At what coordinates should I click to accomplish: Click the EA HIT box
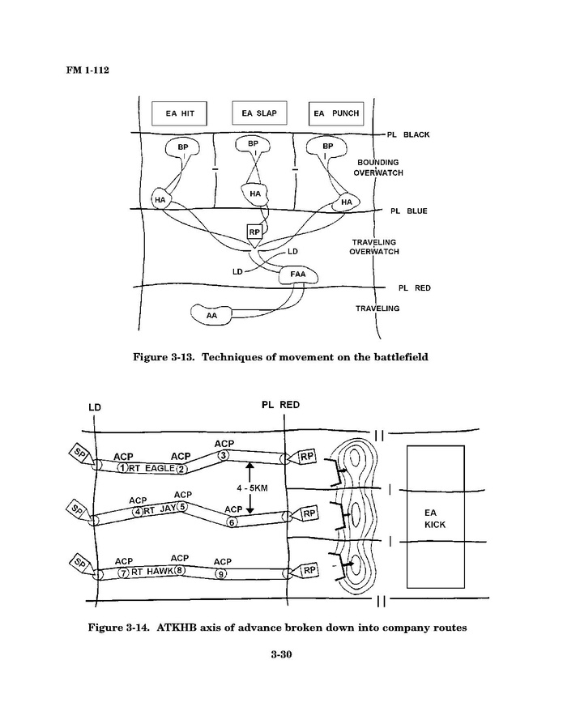coord(180,113)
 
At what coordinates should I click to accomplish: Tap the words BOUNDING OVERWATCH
coord(379,167)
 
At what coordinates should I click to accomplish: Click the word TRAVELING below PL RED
coord(377,309)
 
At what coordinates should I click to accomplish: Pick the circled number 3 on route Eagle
coord(224,456)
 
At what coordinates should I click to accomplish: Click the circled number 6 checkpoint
coord(232,522)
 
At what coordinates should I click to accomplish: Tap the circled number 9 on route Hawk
coord(221,573)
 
